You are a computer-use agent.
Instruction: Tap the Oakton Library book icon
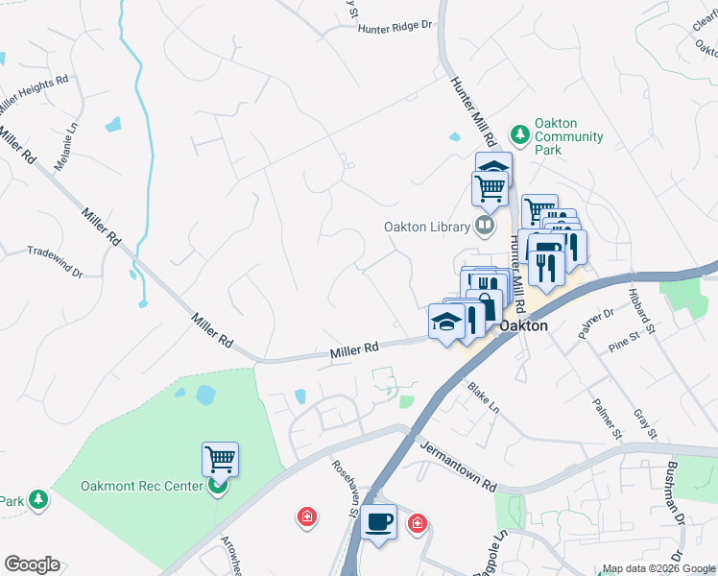click(486, 227)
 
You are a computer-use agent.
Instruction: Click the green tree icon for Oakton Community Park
click(519, 135)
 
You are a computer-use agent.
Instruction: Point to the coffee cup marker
click(380, 521)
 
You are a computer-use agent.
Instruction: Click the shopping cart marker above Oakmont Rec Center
click(220, 459)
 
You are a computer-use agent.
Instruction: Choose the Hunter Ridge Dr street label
click(395, 28)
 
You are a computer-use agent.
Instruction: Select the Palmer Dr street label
click(595, 323)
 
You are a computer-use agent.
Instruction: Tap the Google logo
click(32, 564)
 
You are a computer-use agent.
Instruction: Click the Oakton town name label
click(523, 325)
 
